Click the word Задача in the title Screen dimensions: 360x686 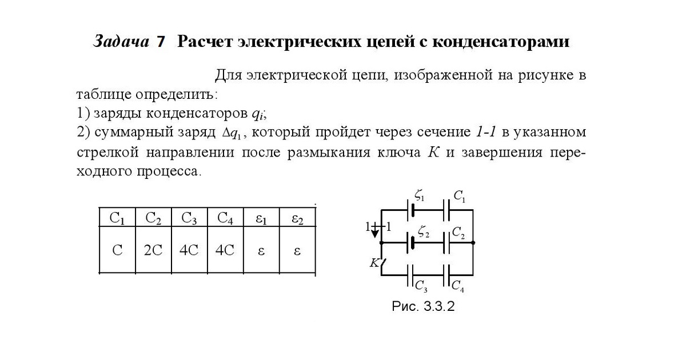[121, 42]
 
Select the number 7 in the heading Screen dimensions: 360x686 [161, 42]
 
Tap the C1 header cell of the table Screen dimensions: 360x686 [117, 218]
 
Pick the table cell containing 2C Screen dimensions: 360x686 [153, 250]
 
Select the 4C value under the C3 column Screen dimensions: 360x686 [189, 250]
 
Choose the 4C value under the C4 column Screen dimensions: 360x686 [225, 250]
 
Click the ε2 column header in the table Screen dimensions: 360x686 [297, 218]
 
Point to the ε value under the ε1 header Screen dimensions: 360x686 [261, 250]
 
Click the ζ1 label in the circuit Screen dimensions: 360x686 [420, 197]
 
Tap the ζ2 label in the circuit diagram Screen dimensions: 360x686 [424, 231]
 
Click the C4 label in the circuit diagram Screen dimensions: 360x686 [458, 285]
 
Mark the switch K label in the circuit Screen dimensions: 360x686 [374, 263]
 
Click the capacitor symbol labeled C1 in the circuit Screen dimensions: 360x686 [448, 210]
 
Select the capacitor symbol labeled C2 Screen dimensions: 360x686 [448, 243]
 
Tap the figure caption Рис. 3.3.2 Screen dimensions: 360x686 [423, 306]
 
